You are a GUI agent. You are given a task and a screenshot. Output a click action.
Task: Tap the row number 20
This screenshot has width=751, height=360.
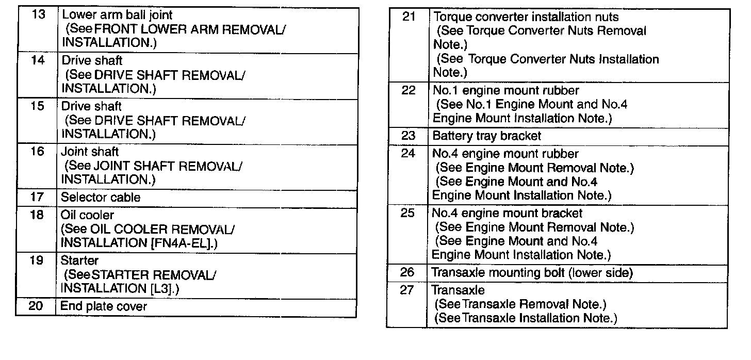pos(36,306)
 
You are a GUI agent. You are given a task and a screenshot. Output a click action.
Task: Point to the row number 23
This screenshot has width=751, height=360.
pos(408,136)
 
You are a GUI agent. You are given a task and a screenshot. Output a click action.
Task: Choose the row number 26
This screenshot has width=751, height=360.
pos(407,272)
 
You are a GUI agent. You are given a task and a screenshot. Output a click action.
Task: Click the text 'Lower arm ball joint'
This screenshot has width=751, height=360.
pos(117,15)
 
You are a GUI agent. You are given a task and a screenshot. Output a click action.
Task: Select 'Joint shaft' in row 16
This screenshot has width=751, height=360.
pos(90,152)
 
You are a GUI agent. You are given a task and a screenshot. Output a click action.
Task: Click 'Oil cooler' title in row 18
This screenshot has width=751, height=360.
pos(87,215)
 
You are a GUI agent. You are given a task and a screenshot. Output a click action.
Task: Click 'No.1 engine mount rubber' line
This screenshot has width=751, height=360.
pos(505,91)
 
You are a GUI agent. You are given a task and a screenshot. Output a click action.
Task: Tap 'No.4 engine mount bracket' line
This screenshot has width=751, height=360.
pos(507,213)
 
